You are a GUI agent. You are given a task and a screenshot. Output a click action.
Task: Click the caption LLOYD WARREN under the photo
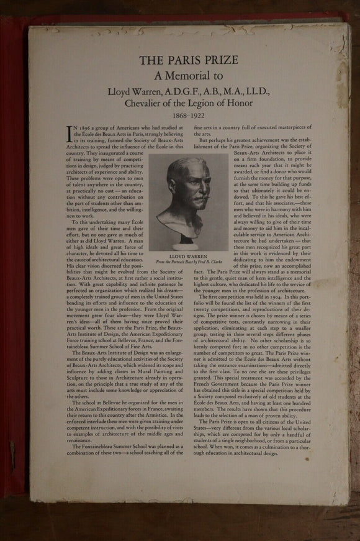[189, 255]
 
